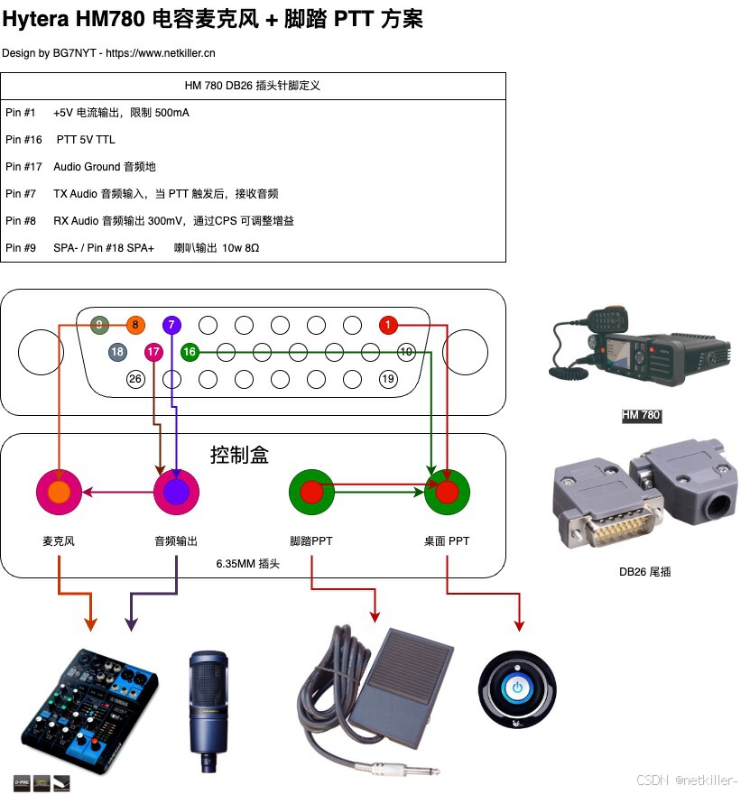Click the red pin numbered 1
click(x=388, y=325)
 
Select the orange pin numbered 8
click(x=135, y=325)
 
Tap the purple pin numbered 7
click(x=171, y=325)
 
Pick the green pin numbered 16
click(x=190, y=352)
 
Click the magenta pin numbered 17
click(x=153, y=352)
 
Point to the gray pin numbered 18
click(x=117, y=352)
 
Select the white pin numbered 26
click(x=135, y=379)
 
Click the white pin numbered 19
click(x=388, y=379)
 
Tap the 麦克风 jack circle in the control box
click(x=59, y=492)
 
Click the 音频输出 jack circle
click(x=176, y=492)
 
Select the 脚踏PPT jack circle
click(x=311, y=492)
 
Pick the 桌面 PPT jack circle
click(x=448, y=492)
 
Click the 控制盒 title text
click(x=239, y=455)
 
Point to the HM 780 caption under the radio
click(x=641, y=416)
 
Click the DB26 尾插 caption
click(x=644, y=571)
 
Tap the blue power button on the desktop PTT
click(x=517, y=688)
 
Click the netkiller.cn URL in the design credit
click(x=161, y=53)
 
